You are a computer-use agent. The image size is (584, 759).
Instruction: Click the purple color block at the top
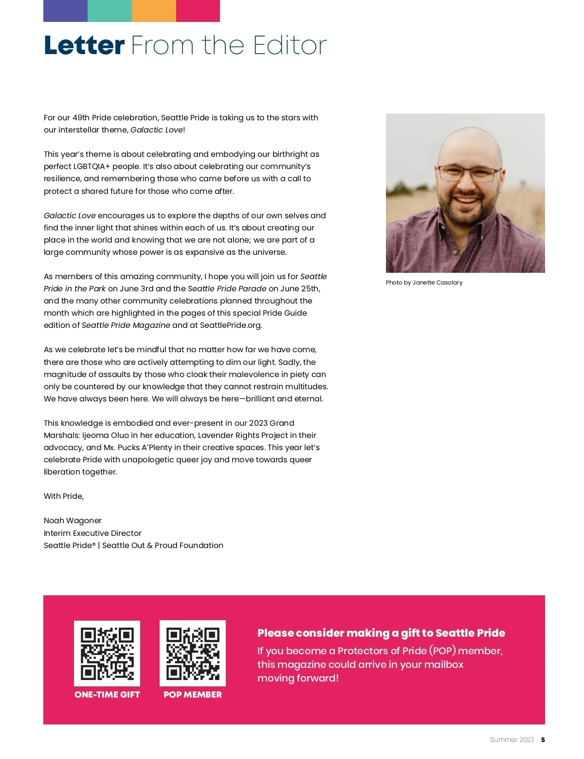(x=65, y=11)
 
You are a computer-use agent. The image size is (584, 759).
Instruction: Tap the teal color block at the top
(x=109, y=11)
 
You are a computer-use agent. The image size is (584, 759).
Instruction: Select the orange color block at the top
(x=154, y=11)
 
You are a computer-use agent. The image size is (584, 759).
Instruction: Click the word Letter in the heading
(x=84, y=46)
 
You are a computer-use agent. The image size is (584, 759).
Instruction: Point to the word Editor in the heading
(x=290, y=46)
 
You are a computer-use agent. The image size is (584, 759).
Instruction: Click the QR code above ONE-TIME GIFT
(x=107, y=653)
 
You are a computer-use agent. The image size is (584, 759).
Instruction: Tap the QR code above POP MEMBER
(x=193, y=653)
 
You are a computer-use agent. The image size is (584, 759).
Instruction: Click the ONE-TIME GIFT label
(x=107, y=695)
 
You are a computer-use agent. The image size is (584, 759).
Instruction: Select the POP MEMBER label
(x=193, y=695)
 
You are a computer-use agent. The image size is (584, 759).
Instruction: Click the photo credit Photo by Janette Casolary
(x=424, y=283)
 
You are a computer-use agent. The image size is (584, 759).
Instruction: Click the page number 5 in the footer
(x=543, y=740)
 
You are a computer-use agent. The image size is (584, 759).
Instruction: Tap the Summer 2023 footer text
(x=511, y=740)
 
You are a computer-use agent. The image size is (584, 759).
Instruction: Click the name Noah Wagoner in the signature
(x=73, y=521)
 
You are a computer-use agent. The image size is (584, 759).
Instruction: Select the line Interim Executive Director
(x=92, y=533)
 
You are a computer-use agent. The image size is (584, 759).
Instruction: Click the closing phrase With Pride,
(x=64, y=496)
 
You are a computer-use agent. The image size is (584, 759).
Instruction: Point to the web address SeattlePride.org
(x=231, y=325)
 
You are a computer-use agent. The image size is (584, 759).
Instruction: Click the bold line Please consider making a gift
(x=381, y=633)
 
